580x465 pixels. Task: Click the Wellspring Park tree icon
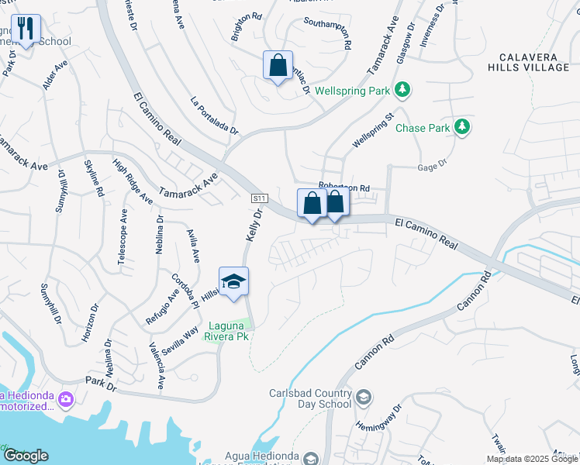point(402,91)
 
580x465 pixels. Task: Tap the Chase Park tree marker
point(462,126)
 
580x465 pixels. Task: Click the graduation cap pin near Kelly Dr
point(233,281)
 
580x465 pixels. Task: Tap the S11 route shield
point(259,198)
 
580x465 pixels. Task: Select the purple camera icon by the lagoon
point(65,399)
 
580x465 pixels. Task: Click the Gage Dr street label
point(433,164)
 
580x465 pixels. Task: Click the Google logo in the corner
point(26,456)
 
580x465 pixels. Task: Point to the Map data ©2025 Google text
point(532,459)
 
